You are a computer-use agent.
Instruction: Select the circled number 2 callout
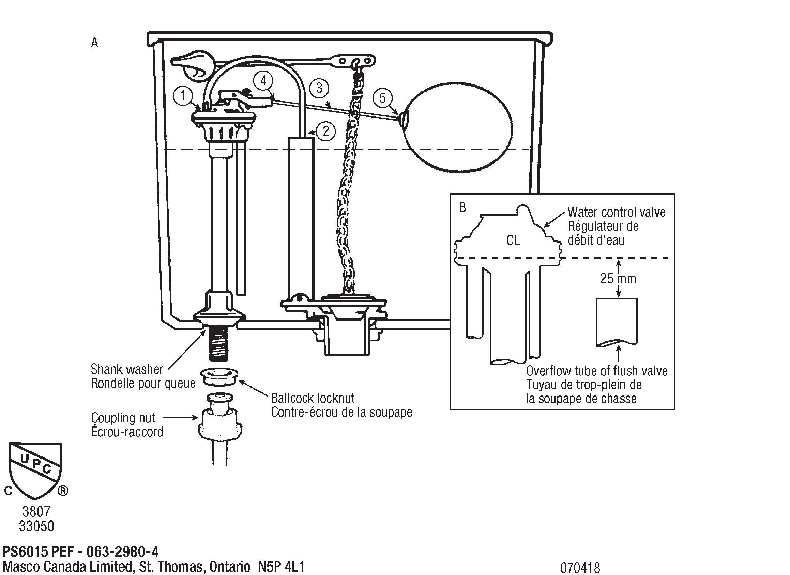pos(326,131)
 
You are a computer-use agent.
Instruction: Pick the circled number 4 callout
pos(263,81)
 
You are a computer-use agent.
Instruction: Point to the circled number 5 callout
pos(382,98)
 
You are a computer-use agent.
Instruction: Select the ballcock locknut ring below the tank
pos(219,377)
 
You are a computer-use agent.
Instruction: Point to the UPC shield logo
pos(35,470)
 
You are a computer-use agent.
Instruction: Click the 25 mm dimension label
pos(618,278)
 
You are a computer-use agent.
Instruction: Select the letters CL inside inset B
pos(513,240)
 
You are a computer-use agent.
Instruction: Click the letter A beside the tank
pos(94,43)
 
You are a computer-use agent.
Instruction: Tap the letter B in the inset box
pos(462,208)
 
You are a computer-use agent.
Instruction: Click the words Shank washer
pos(127,369)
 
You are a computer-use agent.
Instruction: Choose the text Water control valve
pos(616,212)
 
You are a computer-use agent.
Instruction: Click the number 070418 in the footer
pos(580,568)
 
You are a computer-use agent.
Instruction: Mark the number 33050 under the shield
pos(36,526)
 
